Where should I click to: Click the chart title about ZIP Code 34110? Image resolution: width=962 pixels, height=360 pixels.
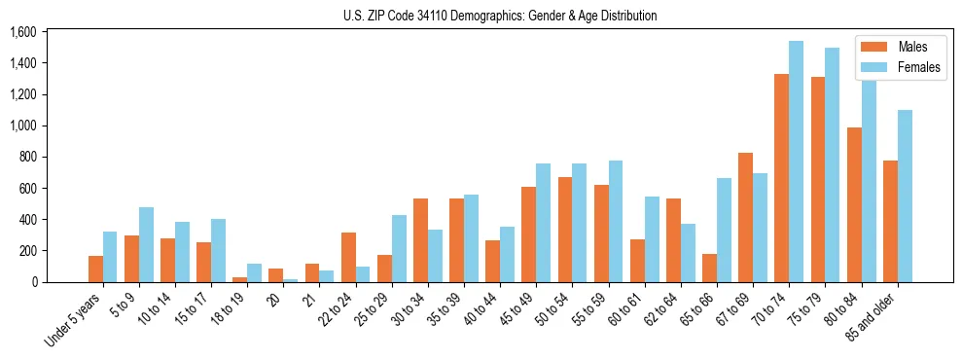[x=500, y=16]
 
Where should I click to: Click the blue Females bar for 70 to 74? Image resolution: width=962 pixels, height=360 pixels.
[x=796, y=162]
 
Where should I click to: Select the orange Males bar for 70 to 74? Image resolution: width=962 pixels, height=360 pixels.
[x=781, y=178]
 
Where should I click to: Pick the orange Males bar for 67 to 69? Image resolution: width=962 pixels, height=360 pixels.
[x=745, y=217]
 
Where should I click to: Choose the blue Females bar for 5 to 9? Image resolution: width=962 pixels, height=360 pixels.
[x=146, y=244]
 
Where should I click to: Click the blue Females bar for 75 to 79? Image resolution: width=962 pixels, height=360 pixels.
[x=832, y=164]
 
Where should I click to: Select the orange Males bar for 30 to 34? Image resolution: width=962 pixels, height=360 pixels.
[x=420, y=240]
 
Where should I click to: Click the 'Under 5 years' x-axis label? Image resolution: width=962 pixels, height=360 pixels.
[x=74, y=320]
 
